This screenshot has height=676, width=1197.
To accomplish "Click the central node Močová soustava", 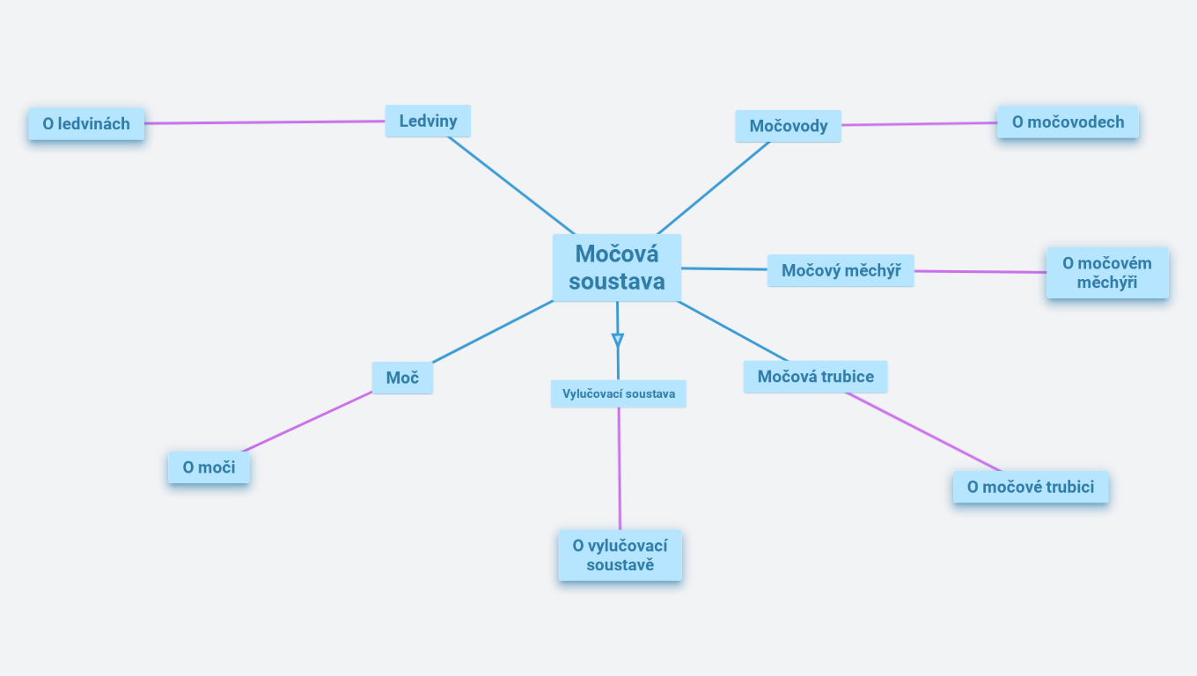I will [x=616, y=268].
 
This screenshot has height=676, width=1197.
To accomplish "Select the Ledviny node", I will [x=428, y=121].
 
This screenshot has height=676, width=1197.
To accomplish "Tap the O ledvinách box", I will [x=86, y=124].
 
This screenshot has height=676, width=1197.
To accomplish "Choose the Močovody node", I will [x=788, y=126].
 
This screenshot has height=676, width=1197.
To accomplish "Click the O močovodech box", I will [x=1068, y=122].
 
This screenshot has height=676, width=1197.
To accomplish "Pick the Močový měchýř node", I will [x=841, y=270].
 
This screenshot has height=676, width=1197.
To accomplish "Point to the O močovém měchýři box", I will [x=1106, y=273].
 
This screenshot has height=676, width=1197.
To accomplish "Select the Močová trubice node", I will [x=815, y=377].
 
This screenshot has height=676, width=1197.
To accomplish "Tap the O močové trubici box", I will [x=1030, y=487].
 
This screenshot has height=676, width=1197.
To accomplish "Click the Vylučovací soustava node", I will [x=618, y=393].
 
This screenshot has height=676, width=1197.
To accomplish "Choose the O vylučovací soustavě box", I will [x=620, y=555].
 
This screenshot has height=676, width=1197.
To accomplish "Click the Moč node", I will [x=402, y=378].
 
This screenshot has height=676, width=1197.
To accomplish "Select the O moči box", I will [x=209, y=467].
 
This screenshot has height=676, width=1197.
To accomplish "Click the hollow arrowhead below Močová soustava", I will [x=618, y=340].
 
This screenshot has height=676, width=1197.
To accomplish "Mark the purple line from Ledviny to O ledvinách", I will [x=264, y=122].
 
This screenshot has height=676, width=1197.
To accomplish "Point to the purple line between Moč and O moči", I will [x=308, y=422].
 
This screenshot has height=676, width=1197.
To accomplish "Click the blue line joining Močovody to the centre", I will [x=714, y=187].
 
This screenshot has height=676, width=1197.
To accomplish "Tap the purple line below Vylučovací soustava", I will [x=619, y=467].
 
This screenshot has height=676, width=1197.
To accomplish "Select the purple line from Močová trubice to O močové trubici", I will [x=922, y=431].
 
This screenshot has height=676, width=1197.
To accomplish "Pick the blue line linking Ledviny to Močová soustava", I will [x=510, y=185].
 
